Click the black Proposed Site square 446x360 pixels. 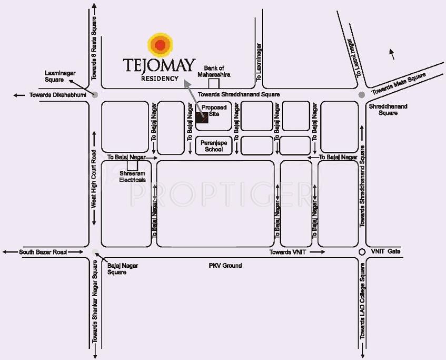click(202, 118)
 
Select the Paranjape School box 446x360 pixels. click(214, 145)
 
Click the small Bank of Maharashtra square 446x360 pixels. click(213, 83)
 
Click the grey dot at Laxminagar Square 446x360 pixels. click(95, 95)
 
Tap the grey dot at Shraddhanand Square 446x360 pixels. click(362, 95)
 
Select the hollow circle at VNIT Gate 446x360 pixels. click(362, 252)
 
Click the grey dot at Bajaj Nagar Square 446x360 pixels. click(95, 252)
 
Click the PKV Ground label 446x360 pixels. click(225, 266)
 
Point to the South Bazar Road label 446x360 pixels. click(43, 252)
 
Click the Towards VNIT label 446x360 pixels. click(288, 252)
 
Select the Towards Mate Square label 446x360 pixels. click(399, 84)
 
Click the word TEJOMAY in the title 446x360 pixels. click(159, 65)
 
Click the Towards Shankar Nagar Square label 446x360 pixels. click(95, 308)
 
